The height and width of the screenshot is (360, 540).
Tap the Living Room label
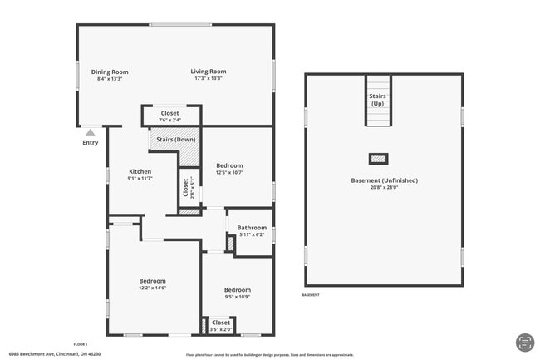tap(209, 72)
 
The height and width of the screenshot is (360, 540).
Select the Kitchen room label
tap(140, 171)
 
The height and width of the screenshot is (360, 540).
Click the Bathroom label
tap(252, 228)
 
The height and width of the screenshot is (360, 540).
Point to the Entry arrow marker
tap(90, 131)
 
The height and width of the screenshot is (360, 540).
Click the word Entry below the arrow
tap(90, 142)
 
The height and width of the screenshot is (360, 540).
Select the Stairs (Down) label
tap(174, 139)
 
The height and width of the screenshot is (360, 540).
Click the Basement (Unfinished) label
tap(384, 180)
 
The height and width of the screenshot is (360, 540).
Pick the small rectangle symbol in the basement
tap(378, 159)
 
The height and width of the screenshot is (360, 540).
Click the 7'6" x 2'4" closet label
tap(169, 121)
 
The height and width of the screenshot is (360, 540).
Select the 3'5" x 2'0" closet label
tap(221, 329)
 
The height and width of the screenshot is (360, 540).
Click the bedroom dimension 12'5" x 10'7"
tap(229, 173)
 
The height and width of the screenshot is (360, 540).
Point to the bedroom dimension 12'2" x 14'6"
tap(152, 288)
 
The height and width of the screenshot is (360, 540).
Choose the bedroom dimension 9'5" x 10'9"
tap(237, 297)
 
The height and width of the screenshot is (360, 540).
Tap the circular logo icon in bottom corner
tap(524, 343)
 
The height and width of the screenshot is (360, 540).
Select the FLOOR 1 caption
tap(81, 343)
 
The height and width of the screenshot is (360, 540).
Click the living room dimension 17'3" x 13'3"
tap(209, 79)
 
